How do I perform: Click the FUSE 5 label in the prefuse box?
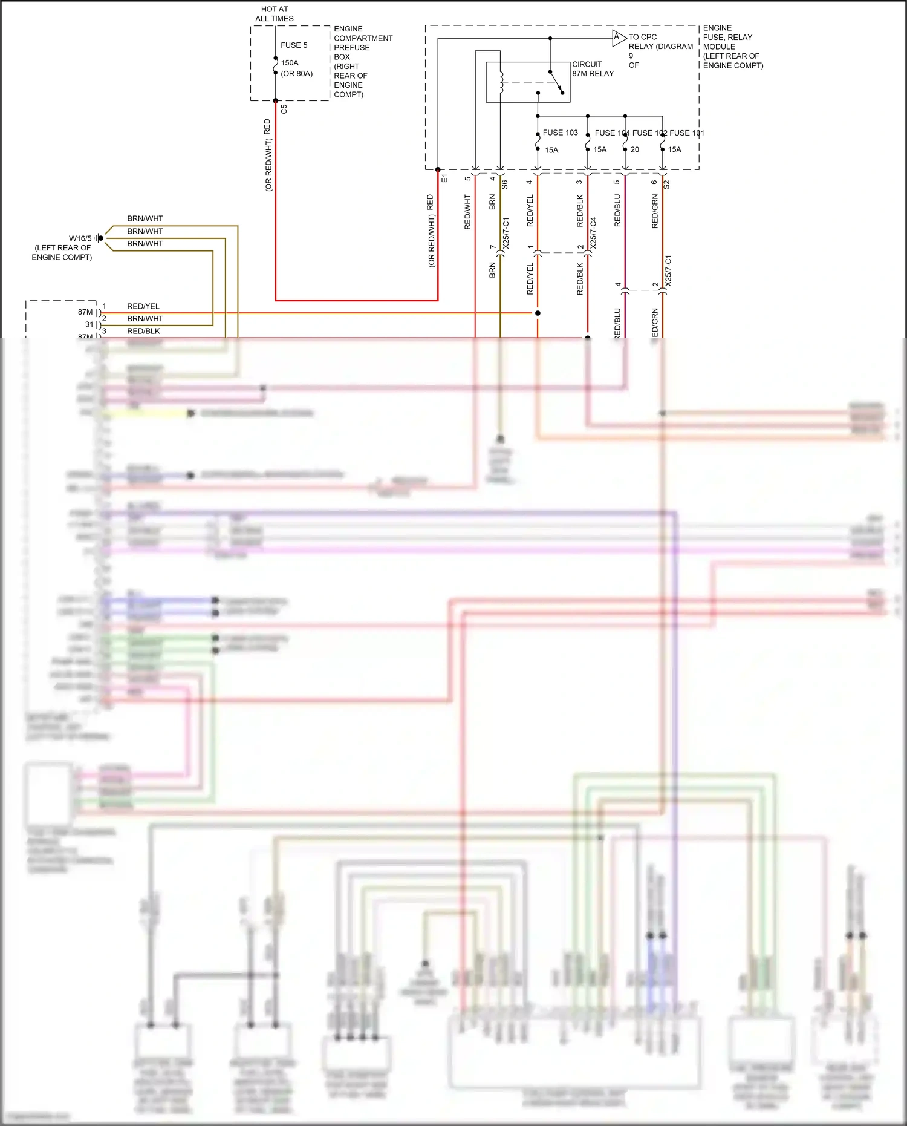coord(294,45)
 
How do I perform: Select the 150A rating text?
coord(290,63)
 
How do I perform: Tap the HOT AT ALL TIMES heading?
coord(275,14)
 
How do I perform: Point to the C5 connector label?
coord(284,110)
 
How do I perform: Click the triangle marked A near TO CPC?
coord(617,38)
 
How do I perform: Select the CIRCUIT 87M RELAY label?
coord(593,69)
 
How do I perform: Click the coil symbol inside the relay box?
coord(501,83)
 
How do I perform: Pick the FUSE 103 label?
coord(560,133)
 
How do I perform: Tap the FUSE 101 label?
coord(687,133)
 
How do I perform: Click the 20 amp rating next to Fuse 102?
coord(635,150)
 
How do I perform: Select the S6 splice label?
coord(505,185)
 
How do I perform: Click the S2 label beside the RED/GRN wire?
coord(667,185)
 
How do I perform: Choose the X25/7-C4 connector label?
coord(594,233)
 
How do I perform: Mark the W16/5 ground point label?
coord(80,238)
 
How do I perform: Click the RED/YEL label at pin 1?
coord(143,306)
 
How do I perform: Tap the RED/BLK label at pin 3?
coord(143,331)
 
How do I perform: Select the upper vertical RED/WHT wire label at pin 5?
coord(467,212)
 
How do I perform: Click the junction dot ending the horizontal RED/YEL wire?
coord(538,313)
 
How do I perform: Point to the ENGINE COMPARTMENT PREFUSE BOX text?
coord(362,62)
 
